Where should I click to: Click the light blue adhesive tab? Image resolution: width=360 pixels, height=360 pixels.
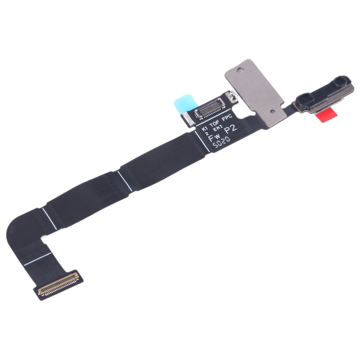pyautogui.click(x=185, y=103)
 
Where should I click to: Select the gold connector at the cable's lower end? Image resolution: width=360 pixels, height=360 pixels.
pyautogui.click(x=59, y=283)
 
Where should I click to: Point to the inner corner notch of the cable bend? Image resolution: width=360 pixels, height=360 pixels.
pyautogui.click(x=43, y=238)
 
